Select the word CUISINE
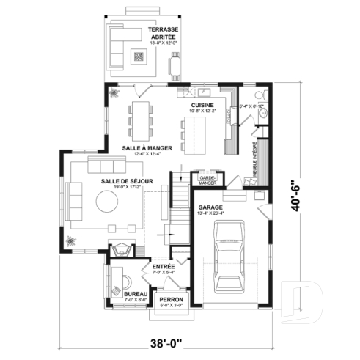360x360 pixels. [x=202, y=106]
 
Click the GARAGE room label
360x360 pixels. [x=211, y=207]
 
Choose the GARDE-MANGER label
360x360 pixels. [x=205, y=178]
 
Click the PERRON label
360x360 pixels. [x=170, y=299]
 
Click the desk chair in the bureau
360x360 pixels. [x=125, y=280]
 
